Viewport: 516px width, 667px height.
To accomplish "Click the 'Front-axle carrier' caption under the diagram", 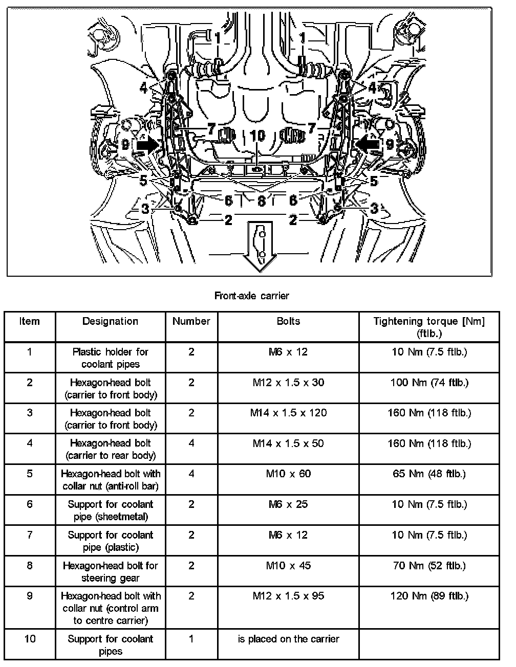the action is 251,295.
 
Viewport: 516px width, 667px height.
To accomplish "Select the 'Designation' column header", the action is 110,321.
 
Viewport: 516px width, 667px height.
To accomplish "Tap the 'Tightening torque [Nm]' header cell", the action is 428,327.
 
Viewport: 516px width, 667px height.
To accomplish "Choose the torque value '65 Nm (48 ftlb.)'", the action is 429,474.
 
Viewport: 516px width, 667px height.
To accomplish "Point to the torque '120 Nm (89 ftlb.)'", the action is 429,596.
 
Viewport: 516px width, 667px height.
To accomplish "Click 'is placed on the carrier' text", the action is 288,639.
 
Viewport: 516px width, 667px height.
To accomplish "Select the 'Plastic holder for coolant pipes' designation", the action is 110,358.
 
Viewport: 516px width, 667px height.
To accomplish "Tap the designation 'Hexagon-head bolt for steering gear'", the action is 110,571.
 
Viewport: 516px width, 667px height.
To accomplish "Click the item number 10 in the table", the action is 30,639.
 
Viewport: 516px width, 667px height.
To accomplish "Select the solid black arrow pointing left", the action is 369,144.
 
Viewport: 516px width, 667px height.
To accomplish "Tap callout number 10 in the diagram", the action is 258,136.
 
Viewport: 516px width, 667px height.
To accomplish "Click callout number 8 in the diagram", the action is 261,201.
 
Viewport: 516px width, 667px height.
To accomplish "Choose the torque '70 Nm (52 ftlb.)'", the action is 429,566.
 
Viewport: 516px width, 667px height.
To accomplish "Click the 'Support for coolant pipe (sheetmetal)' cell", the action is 110,510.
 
